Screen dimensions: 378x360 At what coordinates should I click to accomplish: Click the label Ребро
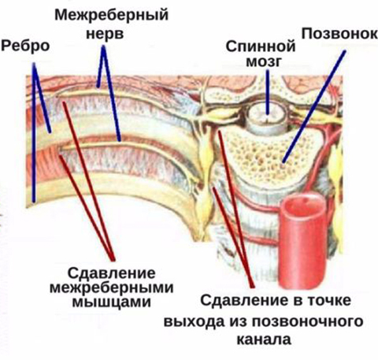(x=25, y=46)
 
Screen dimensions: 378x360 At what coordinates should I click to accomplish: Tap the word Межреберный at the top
(x=112, y=15)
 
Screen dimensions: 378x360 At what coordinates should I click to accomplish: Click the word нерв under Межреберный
(x=105, y=34)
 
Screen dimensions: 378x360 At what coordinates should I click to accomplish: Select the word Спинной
(x=261, y=46)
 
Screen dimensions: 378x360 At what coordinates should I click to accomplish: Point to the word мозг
(x=264, y=62)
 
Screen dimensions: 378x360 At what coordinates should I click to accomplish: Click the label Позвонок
(x=339, y=34)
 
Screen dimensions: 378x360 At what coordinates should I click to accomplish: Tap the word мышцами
(x=112, y=302)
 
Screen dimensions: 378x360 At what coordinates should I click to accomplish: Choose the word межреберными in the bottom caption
(x=112, y=288)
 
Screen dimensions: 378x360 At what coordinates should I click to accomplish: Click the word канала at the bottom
(x=264, y=340)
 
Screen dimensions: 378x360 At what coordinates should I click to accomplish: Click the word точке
(x=329, y=300)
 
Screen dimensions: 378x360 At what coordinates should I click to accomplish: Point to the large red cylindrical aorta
(x=302, y=240)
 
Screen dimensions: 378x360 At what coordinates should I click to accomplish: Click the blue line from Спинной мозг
(x=267, y=92)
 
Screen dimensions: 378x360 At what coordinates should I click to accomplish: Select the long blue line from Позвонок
(x=314, y=106)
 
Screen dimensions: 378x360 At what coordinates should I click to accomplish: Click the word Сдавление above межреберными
(x=112, y=273)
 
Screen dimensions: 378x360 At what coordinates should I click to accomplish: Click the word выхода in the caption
(x=195, y=322)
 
